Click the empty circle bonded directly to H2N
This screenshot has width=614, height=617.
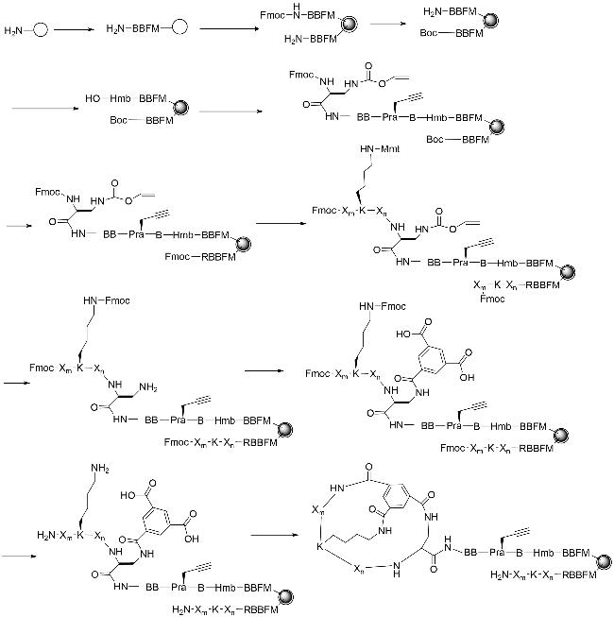click(42, 31)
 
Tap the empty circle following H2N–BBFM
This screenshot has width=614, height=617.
click(179, 31)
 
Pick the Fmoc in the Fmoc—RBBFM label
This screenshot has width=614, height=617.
click(179, 255)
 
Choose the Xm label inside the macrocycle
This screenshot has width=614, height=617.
click(318, 510)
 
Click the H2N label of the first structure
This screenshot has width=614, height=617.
click(14, 31)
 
